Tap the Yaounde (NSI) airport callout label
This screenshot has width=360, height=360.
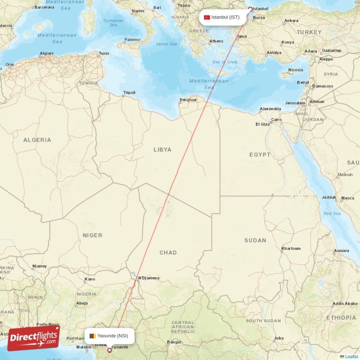click(x=109, y=336)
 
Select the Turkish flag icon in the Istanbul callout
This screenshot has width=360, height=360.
click(x=207, y=18)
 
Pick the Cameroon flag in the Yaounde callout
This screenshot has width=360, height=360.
click(x=92, y=336)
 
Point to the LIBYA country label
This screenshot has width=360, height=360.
click(x=162, y=149)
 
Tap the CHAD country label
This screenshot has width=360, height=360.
click(x=168, y=252)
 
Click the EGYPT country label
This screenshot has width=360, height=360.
click(x=260, y=154)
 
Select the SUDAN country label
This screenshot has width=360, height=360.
click(x=255, y=240)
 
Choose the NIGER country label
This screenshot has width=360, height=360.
click(x=93, y=235)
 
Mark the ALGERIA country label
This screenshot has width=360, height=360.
click(x=37, y=140)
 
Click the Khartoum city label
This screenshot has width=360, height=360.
click(x=291, y=248)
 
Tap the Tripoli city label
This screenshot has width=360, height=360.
click(x=129, y=93)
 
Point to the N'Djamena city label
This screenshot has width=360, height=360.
click(x=148, y=278)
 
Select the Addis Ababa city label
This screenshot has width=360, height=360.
click(x=344, y=304)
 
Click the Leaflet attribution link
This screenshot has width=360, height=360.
click(x=351, y=356)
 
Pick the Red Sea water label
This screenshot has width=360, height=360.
click(x=332, y=213)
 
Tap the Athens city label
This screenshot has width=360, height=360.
click(x=216, y=41)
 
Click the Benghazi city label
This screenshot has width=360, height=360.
click(x=188, y=99)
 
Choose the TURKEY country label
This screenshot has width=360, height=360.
click(x=309, y=32)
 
